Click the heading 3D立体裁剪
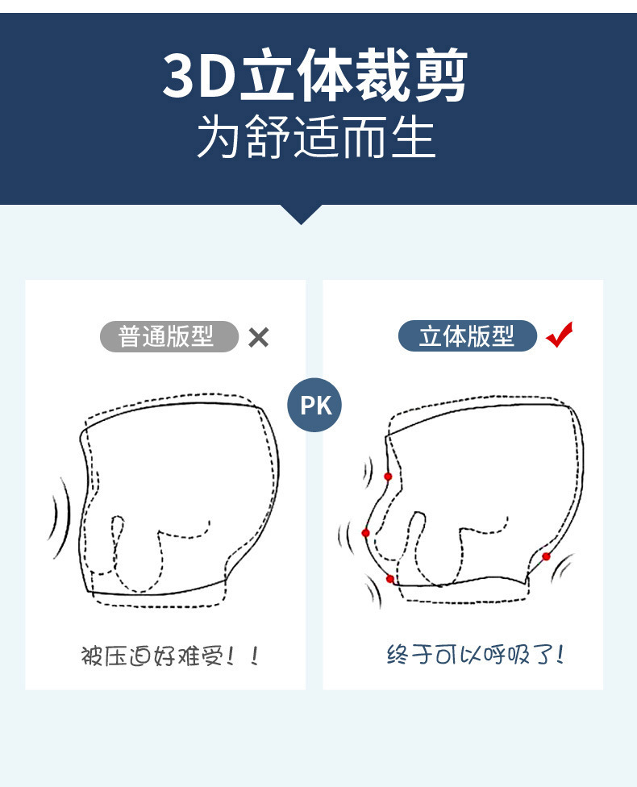pos(315,75)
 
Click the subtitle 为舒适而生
pos(315,136)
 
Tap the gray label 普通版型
pos(169,336)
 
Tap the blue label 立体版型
pos(468,335)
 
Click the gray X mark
pos(259,337)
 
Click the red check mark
pos(560,335)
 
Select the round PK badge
pos(314,405)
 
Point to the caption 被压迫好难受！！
pos(170,656)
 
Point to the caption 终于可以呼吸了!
pos(476,655)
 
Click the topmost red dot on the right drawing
pos(388,477)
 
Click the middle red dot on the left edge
pos(365,533)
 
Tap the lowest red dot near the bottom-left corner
pos(390,579)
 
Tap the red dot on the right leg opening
pos(546,556)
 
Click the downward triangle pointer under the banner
pos(302,214)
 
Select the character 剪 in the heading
pos(440,75)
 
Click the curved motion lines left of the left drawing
pos(60,517)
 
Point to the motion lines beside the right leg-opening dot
pos(562,567)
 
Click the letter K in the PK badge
pos(324,406)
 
